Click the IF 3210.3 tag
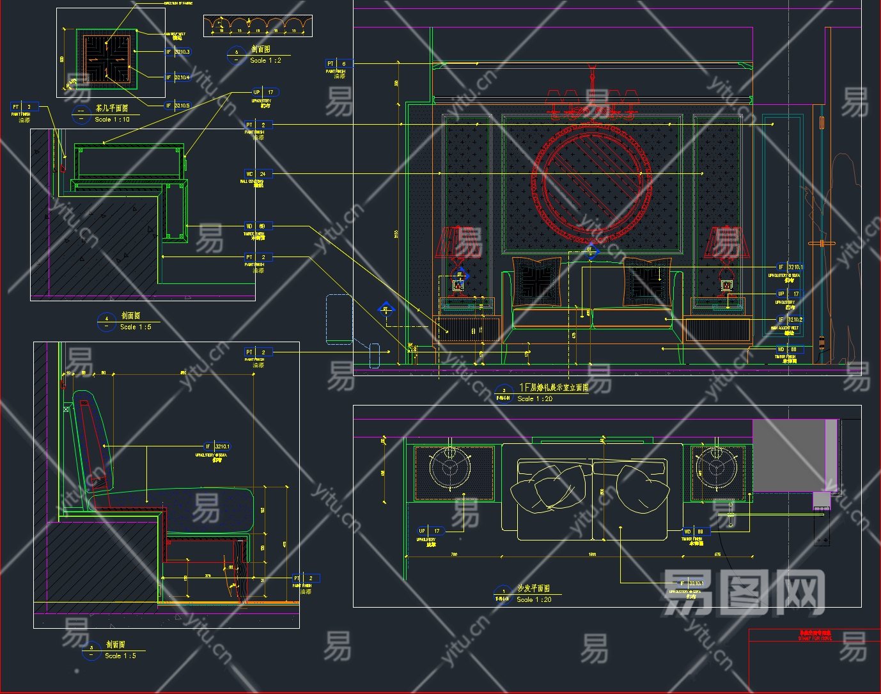(x=178, y=52)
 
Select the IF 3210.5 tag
(x=178, y=106)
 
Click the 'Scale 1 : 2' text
(x=265, y=60)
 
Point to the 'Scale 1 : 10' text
(x=112, y=119)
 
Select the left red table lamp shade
(x=455, y=242)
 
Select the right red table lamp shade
(x=724, y=242)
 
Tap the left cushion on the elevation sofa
(x=537, y=280)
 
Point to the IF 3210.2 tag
(x=790, y=319)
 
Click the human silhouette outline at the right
(x=841, y=256)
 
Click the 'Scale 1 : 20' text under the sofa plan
(x=534, y=599)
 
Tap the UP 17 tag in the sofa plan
(x=430, y=531)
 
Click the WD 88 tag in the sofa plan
(x=694, y=531)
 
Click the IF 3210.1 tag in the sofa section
(x=217, y=446)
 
